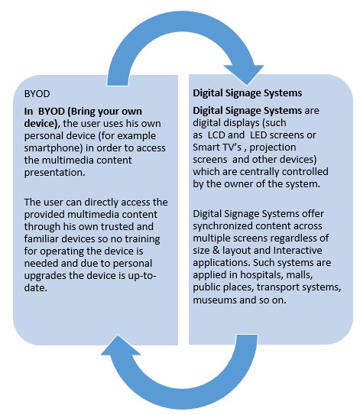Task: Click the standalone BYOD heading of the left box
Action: (x=37, y=94)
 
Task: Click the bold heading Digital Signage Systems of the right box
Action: (x=247, y=93)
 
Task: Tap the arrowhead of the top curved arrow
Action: (x=244, y=75)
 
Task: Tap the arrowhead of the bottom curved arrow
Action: (x=121, y=345)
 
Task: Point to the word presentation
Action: (x=54, y=173)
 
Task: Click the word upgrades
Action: (x=45, y=276)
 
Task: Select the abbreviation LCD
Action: (x=216, y=135)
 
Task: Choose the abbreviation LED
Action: (x=258, y=135)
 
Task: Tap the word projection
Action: (x=273, y=148)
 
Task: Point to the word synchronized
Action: (x=223, y=226)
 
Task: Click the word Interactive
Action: (x=298, y=251)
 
